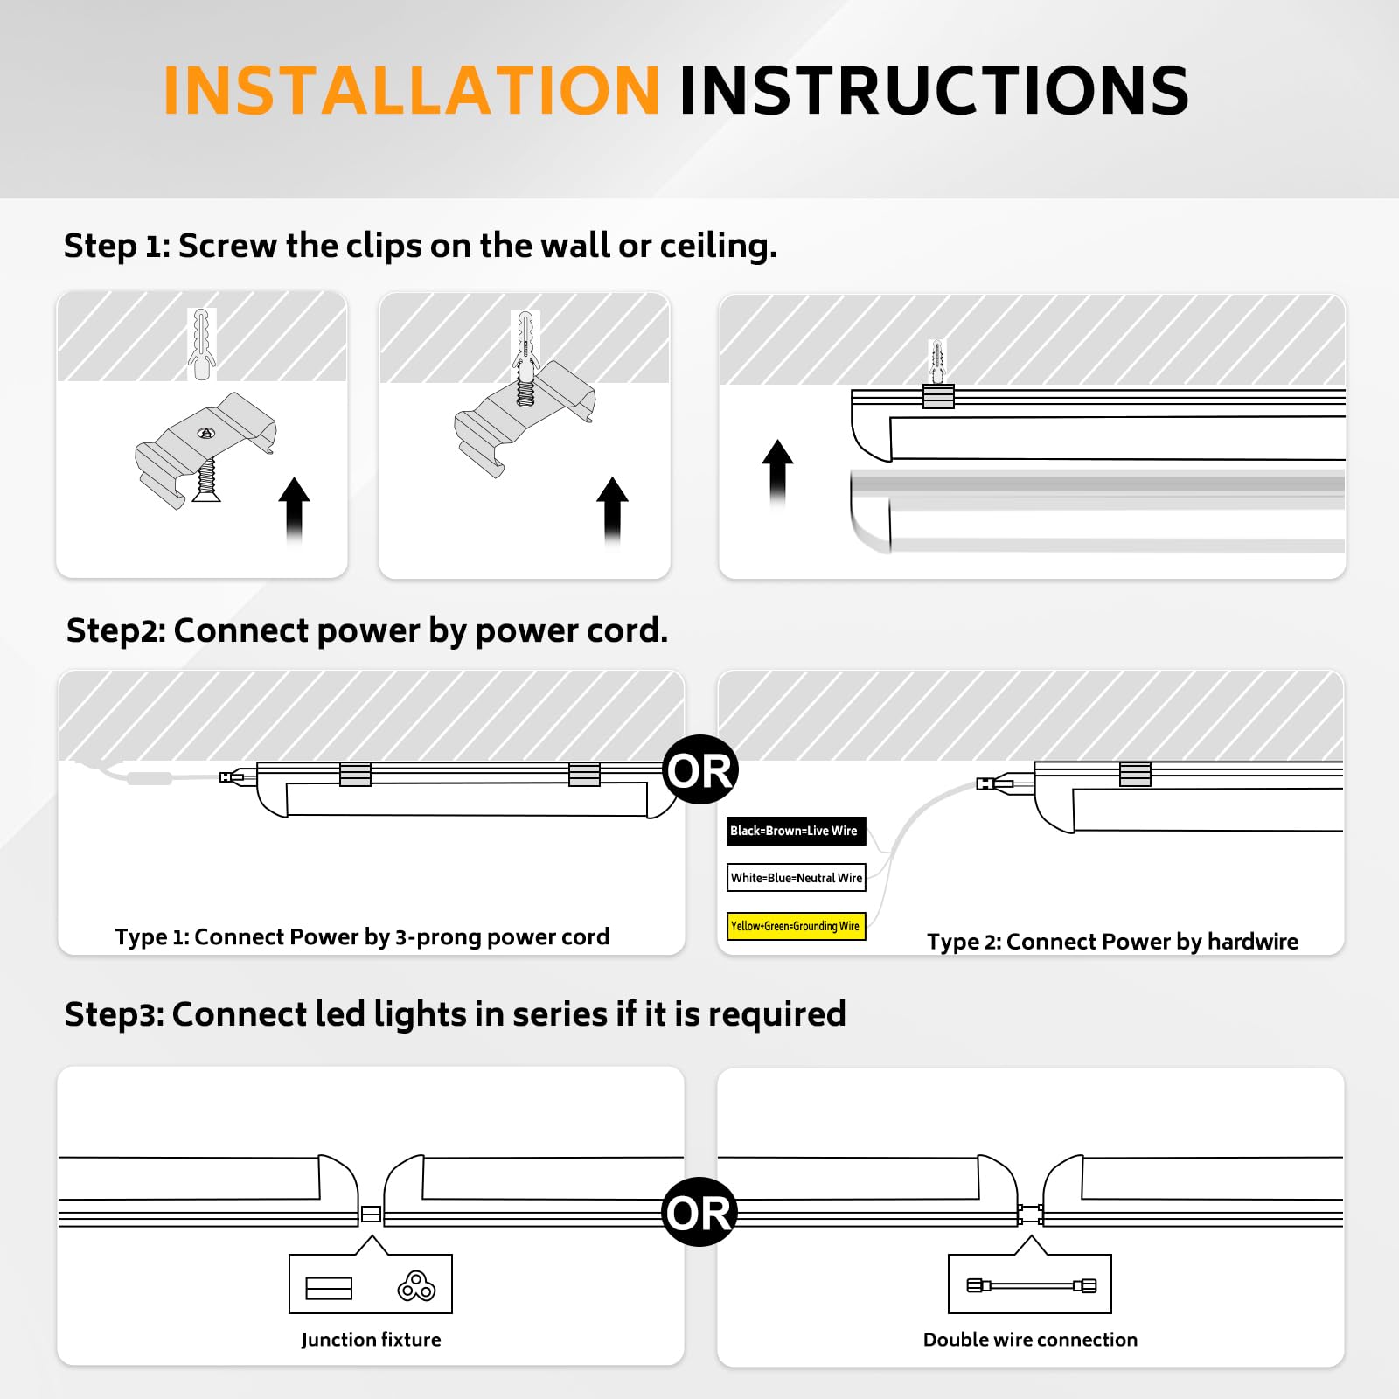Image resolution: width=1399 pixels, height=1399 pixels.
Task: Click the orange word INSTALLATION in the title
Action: pos(411,91)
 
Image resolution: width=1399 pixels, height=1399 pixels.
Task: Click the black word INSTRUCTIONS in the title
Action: pos(933,91)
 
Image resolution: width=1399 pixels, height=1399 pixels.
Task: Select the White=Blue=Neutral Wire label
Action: pos(796,878)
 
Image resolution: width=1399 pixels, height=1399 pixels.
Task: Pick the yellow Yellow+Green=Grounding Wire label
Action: pos(796,926)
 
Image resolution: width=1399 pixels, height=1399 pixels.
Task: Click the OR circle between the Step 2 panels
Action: pos(699,770)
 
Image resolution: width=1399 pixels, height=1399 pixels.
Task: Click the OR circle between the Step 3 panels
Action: pos(699,1212)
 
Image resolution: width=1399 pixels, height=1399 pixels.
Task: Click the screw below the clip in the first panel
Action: pos(207,482)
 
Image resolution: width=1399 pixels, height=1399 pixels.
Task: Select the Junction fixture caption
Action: pos(371,1340)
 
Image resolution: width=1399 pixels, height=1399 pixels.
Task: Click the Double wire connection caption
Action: pos(1030,1340)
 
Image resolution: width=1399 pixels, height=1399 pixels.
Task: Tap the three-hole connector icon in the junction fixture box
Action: pos(416,1286)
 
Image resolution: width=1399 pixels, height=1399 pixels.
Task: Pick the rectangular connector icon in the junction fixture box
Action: pos(329,1288)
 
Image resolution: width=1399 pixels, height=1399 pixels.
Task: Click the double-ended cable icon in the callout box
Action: pos(1031,1285)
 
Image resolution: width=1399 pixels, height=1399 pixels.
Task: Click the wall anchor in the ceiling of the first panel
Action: pos(202,344)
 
